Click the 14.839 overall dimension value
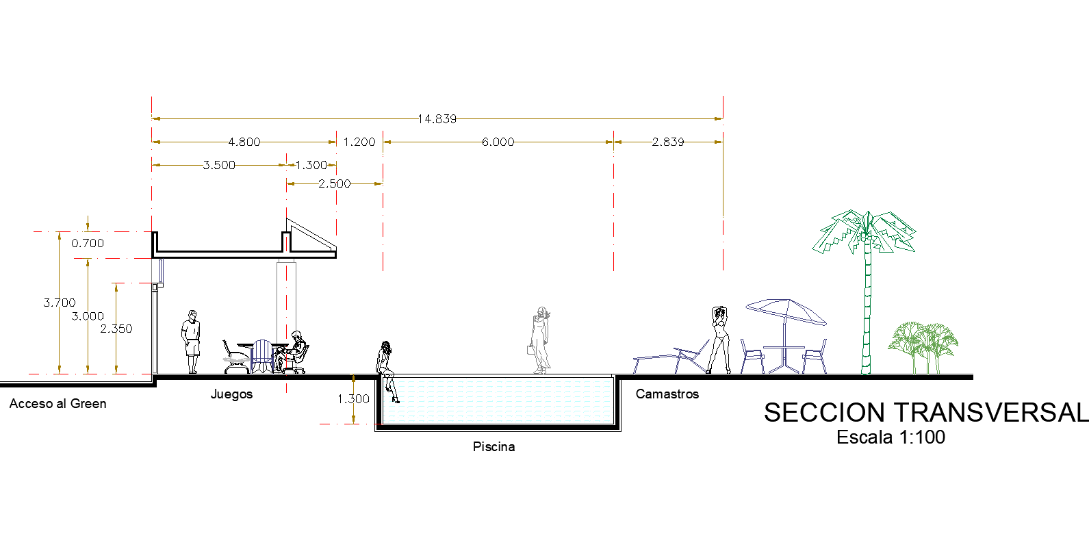(437, 119)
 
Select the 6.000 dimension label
(498, 142)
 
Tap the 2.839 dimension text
(667, 142)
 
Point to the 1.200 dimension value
(359, 142)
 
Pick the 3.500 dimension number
(219, 166)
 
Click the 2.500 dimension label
(334, 184)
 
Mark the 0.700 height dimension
(88, 244)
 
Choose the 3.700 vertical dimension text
(60, 303)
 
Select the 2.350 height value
(116, 329)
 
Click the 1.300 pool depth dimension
(353, 399)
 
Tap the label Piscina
(494, 447)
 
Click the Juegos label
(231, 394)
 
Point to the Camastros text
(667, 394)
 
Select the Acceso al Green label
(58, 404)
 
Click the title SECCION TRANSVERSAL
(925, 413)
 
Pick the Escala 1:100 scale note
(891, 437)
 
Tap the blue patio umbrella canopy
(786, 310)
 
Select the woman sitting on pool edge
(387, 366)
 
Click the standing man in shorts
(192, 341)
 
